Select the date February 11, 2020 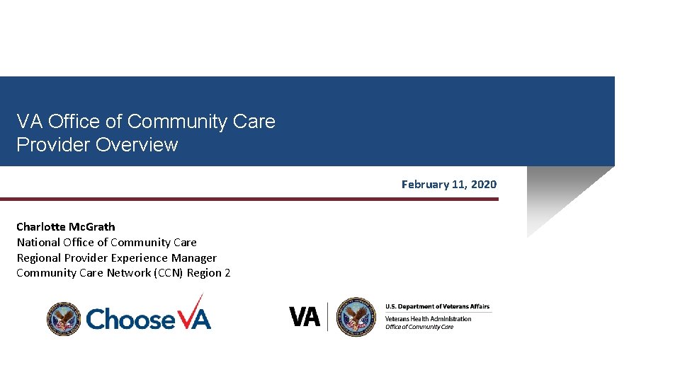pyautogui.click(x=448, y=185)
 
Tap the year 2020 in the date pyautogui.click(x=484, y=185)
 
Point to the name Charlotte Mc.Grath pyautogui.click(x=65, y=227)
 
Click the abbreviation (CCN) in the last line pyautogui.click(x=169, y=273)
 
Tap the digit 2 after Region pyautogui.click(x=227, y=273)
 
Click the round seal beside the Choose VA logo pyautogui.click(x=64, y=318)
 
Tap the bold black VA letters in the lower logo pyautogui.click(x=305, y=316)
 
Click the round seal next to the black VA pyautogui.click(x=356, y=317)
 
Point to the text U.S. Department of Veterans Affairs pyautogui.click(x=437, y=307)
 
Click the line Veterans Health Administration pyautogui.click(x=428, y=319)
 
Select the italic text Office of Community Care pyautogui.click(x=419, y=327)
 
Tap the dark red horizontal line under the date pyautogui.click(x=249, y=199)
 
